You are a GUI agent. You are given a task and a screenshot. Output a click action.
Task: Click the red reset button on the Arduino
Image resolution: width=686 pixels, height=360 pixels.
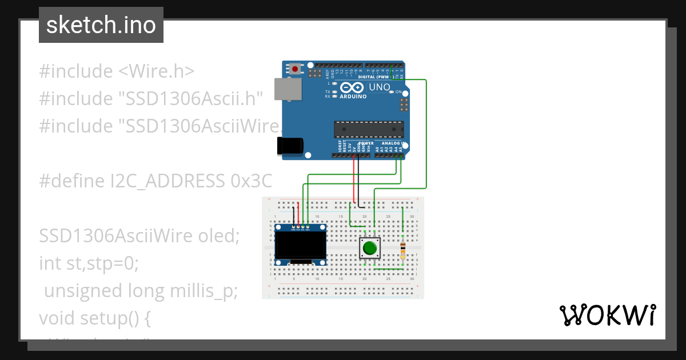tap(295, 69)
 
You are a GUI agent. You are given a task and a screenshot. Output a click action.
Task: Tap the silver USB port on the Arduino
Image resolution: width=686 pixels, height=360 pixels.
tap(288, 89)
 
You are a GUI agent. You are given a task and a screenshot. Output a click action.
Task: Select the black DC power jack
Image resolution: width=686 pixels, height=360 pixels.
tap(290, 146)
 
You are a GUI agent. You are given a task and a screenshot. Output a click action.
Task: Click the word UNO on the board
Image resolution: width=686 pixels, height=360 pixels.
tap(380, 87)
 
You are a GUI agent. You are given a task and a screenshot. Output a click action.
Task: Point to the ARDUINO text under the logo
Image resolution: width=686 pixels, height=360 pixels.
tap(354, 97)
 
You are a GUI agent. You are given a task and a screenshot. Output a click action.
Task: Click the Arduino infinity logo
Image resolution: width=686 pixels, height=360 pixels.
tap(352, 87)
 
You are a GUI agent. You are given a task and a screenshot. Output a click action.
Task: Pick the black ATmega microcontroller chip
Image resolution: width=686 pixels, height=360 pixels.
tap(369, 130)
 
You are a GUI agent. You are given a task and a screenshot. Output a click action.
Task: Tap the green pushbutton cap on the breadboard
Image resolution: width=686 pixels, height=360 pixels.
tap(370, 249)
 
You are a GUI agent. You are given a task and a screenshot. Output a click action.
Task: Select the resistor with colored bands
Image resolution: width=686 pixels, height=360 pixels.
tap(404, 249)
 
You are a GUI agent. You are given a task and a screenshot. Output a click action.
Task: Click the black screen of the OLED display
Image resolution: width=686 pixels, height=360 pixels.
tap(300, 244)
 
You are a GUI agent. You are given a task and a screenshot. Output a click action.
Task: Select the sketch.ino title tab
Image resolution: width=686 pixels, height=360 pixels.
tap(101, 25)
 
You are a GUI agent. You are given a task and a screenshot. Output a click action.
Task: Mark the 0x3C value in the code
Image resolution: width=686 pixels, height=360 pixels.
tap(252, 181)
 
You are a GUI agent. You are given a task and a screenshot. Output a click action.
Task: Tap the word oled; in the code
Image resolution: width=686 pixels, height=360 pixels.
tap(219, 236)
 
